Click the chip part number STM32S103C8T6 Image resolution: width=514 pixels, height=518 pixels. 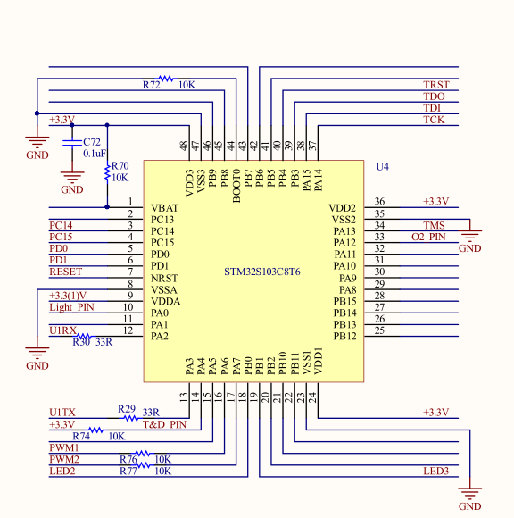tap(262, 272)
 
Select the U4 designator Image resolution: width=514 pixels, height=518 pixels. tap(382, 166)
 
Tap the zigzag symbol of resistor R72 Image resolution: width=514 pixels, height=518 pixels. tap(166, 79)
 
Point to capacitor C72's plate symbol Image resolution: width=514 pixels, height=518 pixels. tap(72, 142)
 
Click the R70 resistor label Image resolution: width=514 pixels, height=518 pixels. tap(120, 165)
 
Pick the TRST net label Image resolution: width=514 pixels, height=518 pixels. tap(436, 85)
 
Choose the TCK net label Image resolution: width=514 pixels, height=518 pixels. tap(434, 120)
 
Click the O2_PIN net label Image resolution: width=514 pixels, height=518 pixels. tap(428, 237)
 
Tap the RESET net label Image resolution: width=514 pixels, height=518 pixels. tap(65, 272)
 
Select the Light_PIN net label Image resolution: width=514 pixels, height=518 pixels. tap(71, 307)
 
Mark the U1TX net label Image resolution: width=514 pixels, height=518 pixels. tap(62, 413)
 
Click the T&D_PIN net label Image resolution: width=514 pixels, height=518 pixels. tap(164, 424)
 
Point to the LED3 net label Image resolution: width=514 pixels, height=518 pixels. tap(436, 471)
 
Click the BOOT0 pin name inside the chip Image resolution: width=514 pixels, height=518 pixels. tap(236, 186)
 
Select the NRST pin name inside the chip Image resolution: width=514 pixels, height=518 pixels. tap(164, 278)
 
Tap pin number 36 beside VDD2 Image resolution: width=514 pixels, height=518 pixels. tap(379, 201)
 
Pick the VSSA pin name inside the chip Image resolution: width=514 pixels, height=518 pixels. tap(164, 289)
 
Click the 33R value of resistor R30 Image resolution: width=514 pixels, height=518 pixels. tap(104, 342)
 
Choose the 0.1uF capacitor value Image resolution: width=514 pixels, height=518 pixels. tap(95, 154)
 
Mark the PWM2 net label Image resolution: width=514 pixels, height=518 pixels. tap(64, 459)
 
